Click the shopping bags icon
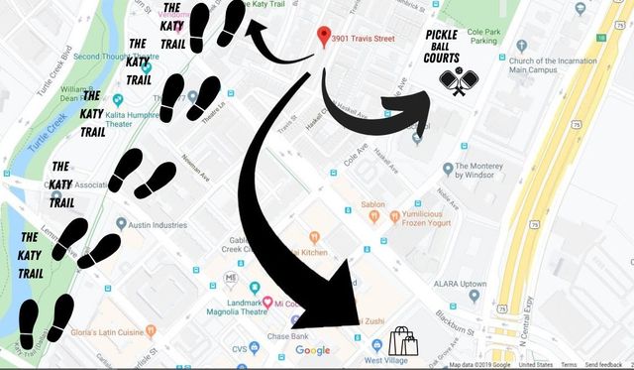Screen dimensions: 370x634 (403, 342)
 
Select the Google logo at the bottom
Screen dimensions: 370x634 (313, 349)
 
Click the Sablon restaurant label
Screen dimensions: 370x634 (372, 204)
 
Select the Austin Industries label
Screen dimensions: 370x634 (157, 225)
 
